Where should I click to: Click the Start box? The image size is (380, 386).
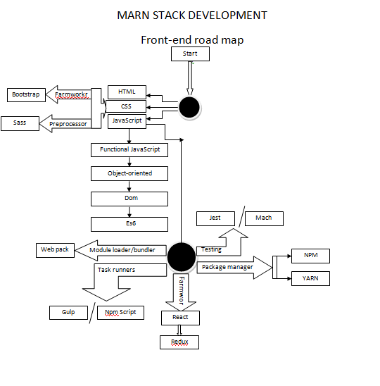click(190, 54)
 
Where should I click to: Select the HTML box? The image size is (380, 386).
click(127, 92)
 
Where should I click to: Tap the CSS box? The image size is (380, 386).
click(127, 106)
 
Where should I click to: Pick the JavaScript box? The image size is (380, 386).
click(127, 121)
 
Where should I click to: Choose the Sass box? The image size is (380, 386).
click(20, 123)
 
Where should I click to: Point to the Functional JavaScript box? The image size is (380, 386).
click(129, 150)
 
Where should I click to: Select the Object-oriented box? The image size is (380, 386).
click(129, 173)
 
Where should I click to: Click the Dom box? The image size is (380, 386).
click(129, 199)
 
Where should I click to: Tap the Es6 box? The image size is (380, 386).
click(129, 224)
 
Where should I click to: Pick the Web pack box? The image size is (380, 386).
click(55, 249)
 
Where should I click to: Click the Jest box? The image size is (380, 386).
click(215, 218)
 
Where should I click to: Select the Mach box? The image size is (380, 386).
click(264, 218)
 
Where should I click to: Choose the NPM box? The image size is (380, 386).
click(310, 256)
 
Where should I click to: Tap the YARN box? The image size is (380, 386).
click(310, 278)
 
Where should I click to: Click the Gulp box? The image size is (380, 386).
click(68, 312)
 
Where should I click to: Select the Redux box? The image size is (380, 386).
click(179, 342)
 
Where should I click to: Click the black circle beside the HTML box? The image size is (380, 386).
click(189, 107)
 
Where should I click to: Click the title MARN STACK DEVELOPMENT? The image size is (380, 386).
click(192, 15)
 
